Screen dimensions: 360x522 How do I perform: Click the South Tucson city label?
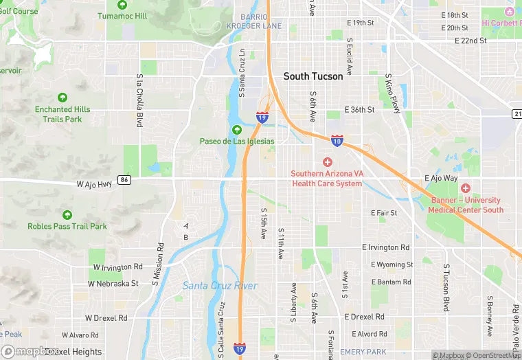[313, 76]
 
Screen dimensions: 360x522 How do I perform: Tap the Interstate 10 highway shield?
[337, 140]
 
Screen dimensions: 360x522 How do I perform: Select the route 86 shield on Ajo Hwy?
[124, 180]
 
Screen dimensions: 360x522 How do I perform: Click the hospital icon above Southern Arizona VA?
[327, 162]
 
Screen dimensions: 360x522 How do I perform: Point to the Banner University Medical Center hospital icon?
[466, 188]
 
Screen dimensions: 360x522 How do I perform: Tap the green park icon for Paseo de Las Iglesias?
[237, 130]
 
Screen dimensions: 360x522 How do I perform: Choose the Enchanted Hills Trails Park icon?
[63, 98]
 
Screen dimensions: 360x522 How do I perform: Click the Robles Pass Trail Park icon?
[67, 214]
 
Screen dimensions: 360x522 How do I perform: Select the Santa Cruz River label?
[220, 286]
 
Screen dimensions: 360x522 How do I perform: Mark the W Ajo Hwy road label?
[94, 184]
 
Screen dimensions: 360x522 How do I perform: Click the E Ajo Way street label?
[441, 178]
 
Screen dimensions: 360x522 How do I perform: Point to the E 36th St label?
[361, 109]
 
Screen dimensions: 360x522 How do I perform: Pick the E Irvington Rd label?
[386, 247]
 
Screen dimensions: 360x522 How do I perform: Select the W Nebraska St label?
[113, 283]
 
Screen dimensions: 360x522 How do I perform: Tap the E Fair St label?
[384, 213]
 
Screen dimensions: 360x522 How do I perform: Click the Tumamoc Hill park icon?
[122, 4]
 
